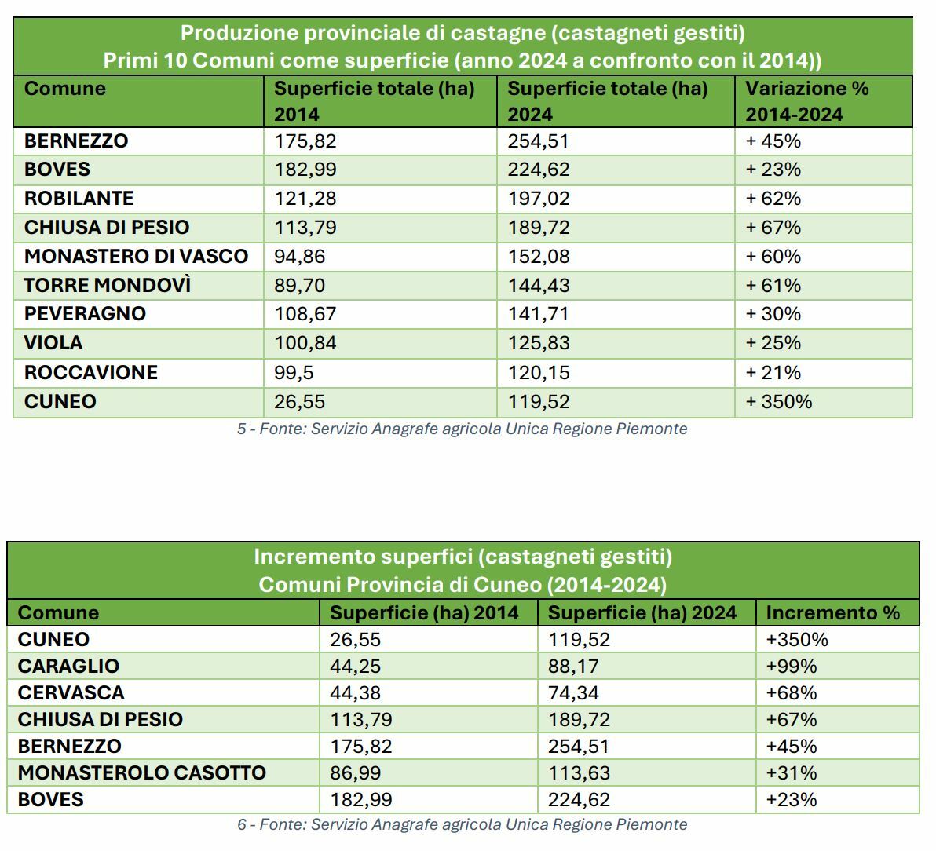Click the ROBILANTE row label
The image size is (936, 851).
point(79,199)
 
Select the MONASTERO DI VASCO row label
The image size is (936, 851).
point(136,257)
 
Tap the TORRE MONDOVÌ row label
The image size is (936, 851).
point(108,285)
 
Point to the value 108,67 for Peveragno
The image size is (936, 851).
point(305,314)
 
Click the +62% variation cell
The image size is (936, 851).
point(773,199)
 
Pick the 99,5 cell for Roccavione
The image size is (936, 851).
point(294,373)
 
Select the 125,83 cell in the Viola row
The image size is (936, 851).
point(539,343)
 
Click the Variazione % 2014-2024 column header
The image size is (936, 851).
point(807,101)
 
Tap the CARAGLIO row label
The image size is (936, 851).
point(68,667)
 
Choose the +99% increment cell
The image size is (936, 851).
point(792,667)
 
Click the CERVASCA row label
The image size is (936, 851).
point(71,693)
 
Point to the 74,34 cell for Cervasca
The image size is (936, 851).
point(579,693)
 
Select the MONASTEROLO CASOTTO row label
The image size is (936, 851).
point(141,773)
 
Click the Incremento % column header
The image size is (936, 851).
point(832,613)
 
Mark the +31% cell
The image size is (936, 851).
point(792,773)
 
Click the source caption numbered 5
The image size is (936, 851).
point(462,429)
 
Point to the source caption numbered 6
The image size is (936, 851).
point(462,825)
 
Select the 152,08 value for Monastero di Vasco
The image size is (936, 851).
point(539,257)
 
